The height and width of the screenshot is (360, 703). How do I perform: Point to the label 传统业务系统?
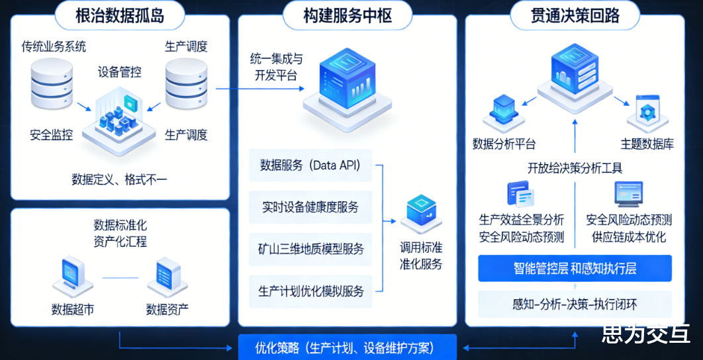[x=54, y=47]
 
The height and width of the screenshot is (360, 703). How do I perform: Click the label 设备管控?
[x=120, y=71]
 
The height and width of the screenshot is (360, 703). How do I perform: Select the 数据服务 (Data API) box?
[x=310, y=165]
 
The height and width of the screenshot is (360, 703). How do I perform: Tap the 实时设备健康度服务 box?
[x=310, y=207]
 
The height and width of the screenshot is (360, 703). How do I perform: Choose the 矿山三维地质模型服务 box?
[x=310, y=249]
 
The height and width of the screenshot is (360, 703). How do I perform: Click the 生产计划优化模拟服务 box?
[x=310, y=291]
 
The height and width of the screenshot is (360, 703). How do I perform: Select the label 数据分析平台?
[x=504, y=144]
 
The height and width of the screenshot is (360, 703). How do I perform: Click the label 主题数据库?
[x=647, y=144]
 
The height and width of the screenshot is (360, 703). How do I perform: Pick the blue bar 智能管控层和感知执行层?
[x=575, y=269]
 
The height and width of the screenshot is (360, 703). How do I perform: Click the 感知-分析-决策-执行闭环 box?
[x=575, y=304]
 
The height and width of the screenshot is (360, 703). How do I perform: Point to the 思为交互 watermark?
[x=646, y=334]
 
